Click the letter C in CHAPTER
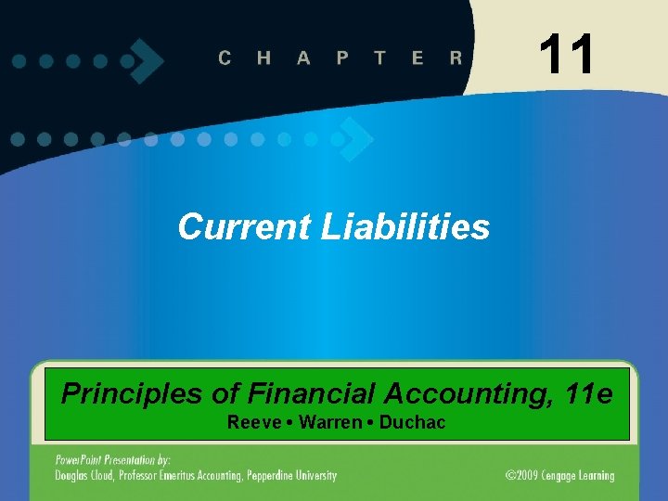pyautogui.click(x=225, y=58)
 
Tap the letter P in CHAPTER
pyautogui.click(x=342, y=58)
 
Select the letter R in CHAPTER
pyautogui.click(x=456, y=58)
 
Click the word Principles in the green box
pyautogui.click(x=132, y=394)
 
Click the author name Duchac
pyautogui.click(x=412, y=423)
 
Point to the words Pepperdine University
pyautogui.click(x=289, y=476)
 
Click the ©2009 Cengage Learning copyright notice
pyautogui.click(x=559, y=476)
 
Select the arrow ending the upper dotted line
pyautogui.click(x=147, y=60)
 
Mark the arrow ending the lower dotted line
pyautogui.click(x=355, y=139)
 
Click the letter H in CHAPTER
pyautogui.click(x=264, y=58)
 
